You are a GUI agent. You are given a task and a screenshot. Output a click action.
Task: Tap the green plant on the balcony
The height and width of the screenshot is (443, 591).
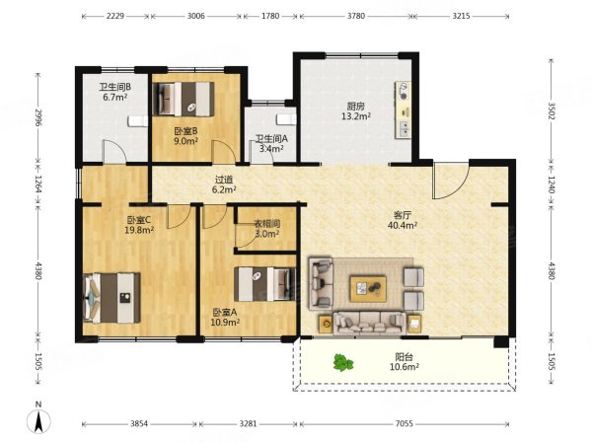(x=343, y=363)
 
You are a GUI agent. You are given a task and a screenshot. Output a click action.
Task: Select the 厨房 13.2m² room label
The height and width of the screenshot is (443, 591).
(x=356, y=111)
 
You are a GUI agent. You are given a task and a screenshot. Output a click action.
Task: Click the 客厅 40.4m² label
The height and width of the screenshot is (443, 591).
(x=403, y=220)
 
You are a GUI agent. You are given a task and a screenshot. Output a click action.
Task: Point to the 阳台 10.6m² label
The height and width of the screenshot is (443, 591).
(x=405, y=361)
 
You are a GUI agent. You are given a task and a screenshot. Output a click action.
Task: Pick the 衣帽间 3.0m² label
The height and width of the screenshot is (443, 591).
(x=266, y=229)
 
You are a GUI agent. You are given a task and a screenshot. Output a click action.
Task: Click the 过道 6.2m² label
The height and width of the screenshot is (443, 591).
(x=224, y=185)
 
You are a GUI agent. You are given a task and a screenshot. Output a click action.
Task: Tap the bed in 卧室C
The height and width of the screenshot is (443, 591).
(x=111, y=298)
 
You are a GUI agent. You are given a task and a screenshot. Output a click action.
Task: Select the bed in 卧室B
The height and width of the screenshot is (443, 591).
(x=184, y=99)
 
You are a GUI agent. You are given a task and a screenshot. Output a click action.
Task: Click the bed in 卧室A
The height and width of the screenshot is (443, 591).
(x=264, y=284)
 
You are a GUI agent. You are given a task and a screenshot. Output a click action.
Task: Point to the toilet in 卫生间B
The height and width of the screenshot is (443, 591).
(x=137, y=121)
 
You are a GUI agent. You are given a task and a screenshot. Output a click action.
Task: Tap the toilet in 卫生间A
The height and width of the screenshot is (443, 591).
(x=286, y=119)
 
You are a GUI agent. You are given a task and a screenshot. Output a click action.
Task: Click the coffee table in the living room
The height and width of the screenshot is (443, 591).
(x=368, y=289)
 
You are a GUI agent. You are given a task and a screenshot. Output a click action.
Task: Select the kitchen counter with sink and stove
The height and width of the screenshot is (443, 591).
(x=403, y=110)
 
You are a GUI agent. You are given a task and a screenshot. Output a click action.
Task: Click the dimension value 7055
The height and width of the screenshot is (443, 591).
(x=405, y=424)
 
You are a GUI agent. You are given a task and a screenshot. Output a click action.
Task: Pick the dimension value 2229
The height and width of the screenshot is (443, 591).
(x=115, y=16)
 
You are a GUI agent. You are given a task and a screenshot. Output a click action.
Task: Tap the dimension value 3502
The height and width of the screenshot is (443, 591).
(x=552, y=111)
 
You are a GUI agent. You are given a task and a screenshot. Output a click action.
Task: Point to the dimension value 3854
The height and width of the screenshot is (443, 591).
(x=139, y=424)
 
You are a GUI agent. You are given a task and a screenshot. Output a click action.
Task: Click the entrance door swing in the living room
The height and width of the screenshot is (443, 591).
(x=451, y=181)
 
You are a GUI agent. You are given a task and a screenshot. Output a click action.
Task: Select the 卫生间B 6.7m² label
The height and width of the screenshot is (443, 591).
(x=115, y=92)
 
